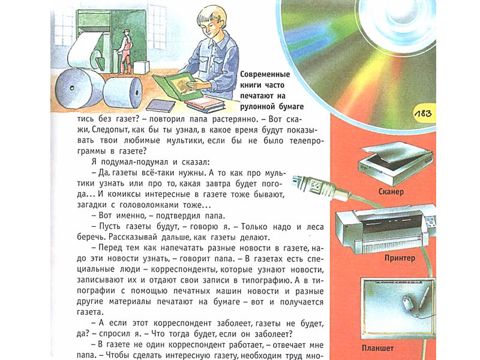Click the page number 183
(423, 114)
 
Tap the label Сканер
(391, 192)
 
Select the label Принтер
(400, 258)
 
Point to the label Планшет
(377, 348)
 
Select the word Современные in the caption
(265, 74)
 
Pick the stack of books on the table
(205, 104)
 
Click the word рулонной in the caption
(257, 107)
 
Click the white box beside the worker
(141, 67)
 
